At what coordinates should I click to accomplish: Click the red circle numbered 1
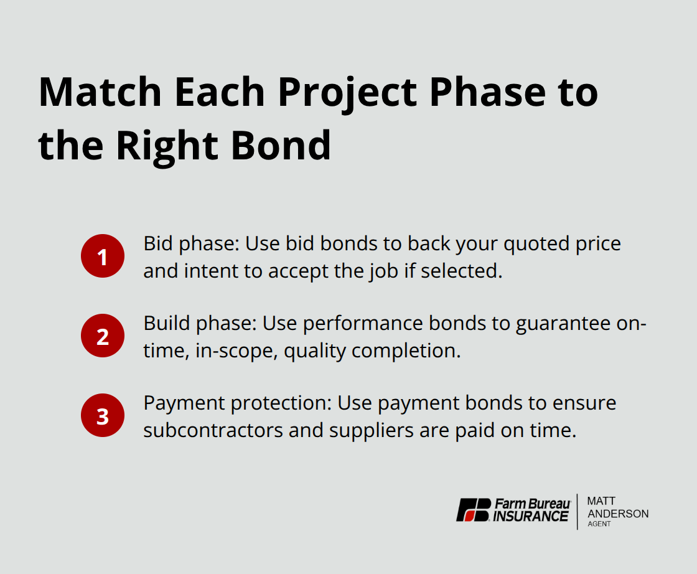click(x=103, y=256)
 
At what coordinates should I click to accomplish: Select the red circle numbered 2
click(x=103, y=336)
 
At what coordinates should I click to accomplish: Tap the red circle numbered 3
click(x=103, y=416)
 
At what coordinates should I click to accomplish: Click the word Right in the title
click(x=165, y=145)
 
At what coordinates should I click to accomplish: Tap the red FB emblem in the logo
click(x=474, y=510)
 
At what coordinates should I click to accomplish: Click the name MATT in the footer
click(x=601, y=501)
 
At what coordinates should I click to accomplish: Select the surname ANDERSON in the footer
click(x=618, y=514)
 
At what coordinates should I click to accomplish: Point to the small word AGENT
click(x=599, y=524)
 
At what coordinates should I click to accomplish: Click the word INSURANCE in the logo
click(x=531, y=516)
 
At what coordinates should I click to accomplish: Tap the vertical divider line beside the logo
click(x=578, y=511)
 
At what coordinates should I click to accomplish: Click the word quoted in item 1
click(x=531, y=243)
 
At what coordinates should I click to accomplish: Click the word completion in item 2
click(x=406, y=351)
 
